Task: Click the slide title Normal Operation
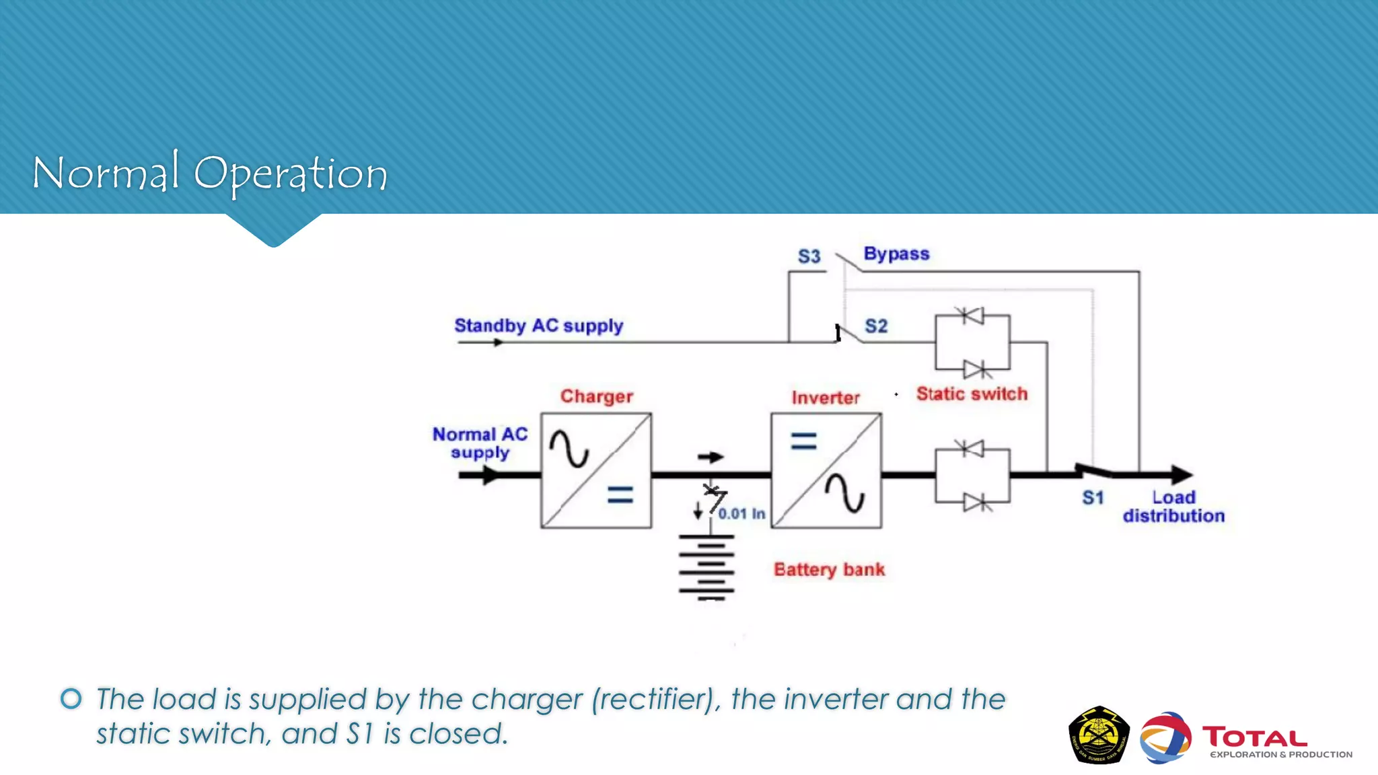(x=209, y=174)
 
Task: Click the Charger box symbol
(x=596, y=470)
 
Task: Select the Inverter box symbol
(x=826, y=470)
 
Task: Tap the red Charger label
(x=597, y=396)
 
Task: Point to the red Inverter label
(x=826, y=398)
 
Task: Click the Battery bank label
(x=829, y=570)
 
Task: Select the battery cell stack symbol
(x=706, y=566)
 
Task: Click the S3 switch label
(x=809, y=256)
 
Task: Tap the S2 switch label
(x=876, y=326)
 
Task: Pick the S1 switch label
(x=1093, y=498)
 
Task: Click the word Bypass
(x=896, y=254)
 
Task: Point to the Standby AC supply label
(x=538, y=326)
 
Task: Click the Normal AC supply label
(x=480, y=443)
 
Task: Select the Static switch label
(x=972, y=394)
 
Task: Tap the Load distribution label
(x=1173, y=507)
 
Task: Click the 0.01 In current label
(x=741, y=514)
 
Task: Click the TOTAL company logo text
(x=1255, y=738)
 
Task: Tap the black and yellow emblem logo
(x=1099, y=735)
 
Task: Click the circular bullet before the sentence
(x=71, y=698)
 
